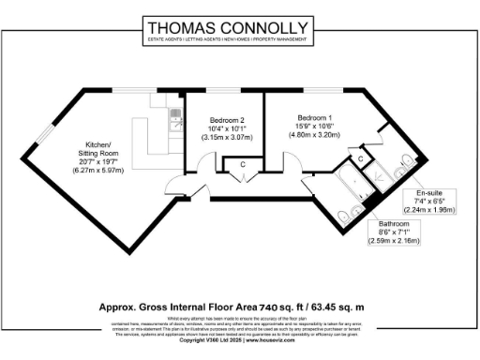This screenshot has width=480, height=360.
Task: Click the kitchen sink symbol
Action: (175, 116)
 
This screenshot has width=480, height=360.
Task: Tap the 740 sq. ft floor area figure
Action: (274, 307)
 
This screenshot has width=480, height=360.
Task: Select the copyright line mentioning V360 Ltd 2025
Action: (239, 339)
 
